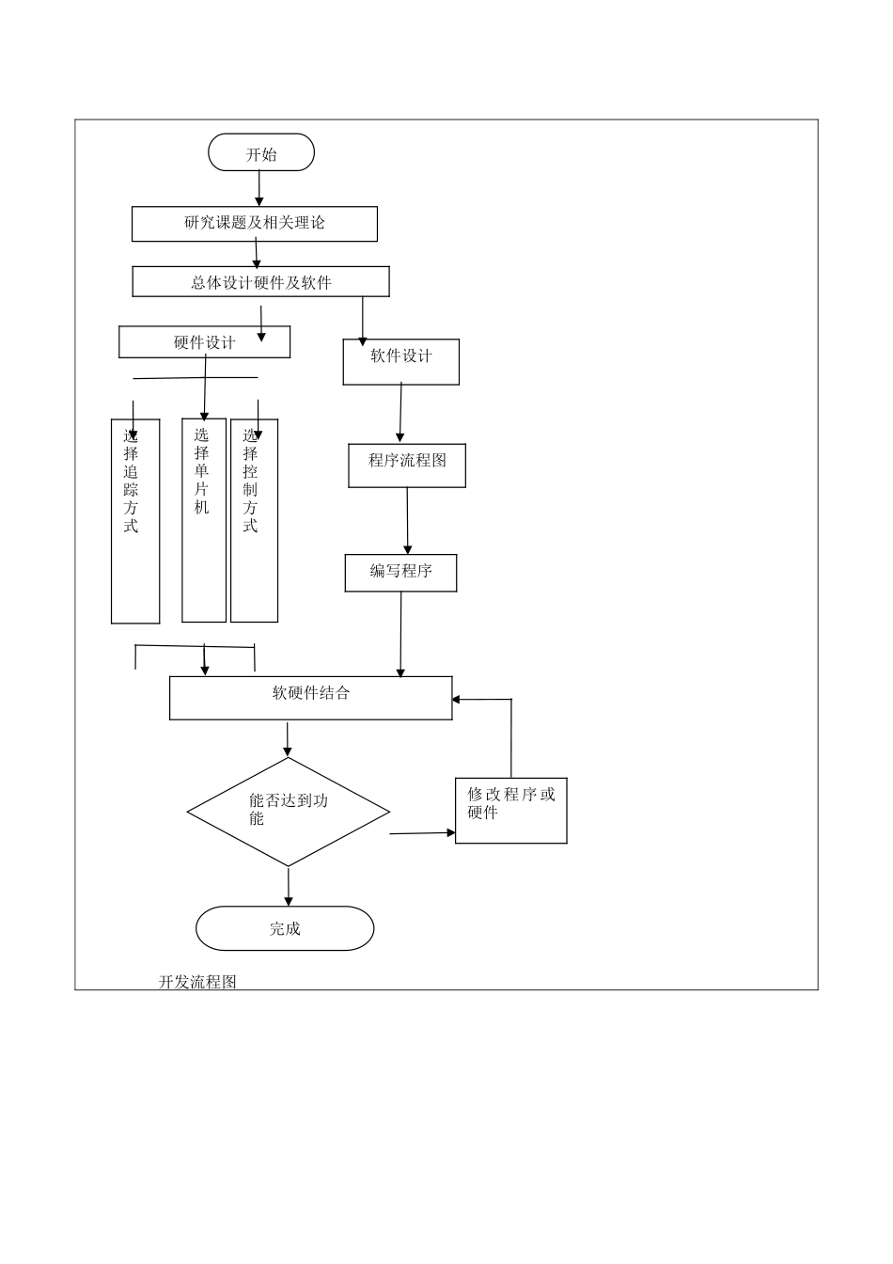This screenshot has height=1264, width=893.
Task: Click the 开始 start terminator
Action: tap(260, 152)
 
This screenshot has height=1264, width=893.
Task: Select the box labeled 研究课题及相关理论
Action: tap(254, 224)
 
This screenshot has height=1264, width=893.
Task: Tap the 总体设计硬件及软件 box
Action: tap(260, 282)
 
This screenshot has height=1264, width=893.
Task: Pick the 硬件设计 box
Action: tap(204, 342)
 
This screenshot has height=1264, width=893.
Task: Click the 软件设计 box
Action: tap(400, 362)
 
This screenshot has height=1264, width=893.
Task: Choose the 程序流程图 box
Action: tap(407, 466)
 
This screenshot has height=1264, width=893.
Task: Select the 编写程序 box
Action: tap(400, 573)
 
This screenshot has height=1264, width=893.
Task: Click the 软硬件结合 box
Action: tap(310, 698)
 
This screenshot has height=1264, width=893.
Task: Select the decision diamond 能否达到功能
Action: tap(288, 812)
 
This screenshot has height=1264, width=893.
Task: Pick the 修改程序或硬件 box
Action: tap(510, 811)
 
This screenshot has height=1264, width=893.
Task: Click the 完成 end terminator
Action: tap(285, 928)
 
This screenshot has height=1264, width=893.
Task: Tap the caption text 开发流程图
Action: tap(197, 982)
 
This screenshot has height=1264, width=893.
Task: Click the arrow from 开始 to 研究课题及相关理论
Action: tap(259, 188)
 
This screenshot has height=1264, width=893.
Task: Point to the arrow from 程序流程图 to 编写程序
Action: tap(407, 521)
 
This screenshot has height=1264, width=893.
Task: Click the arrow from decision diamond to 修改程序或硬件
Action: tap(422, 832)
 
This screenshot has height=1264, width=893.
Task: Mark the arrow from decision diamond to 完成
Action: tap(288, 886)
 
